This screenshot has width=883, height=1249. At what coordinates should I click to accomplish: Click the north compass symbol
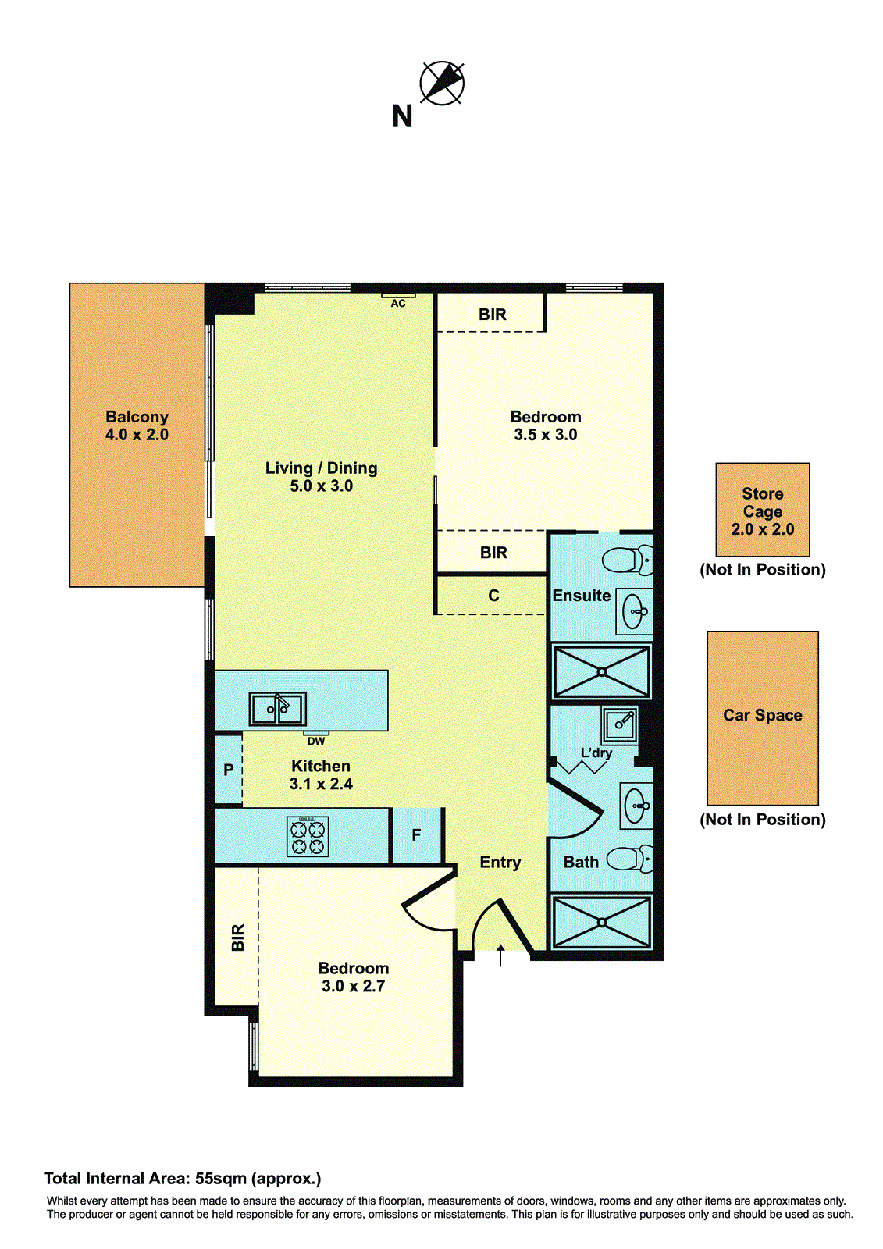(x=442, y=83)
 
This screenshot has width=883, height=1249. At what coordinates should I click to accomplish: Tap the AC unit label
(x=398, y=303)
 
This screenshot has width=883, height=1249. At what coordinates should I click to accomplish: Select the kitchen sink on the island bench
(x=277, y=709)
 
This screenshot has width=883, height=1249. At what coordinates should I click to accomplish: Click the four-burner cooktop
(x=308, y=837)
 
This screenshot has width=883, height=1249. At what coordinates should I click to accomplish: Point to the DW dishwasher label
(x=316, y=741)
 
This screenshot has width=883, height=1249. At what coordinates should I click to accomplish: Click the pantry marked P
(x=228, y=770)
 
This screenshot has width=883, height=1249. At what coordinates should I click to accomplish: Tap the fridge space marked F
(x=416, y=835)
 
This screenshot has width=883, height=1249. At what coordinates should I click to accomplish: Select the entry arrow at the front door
(x=500, y=955)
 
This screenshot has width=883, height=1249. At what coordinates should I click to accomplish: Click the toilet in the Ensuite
(x=629, y=560)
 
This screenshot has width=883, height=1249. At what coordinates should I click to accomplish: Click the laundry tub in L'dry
(x=620, y=724)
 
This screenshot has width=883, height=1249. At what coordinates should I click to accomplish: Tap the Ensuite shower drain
(x=601, y=671)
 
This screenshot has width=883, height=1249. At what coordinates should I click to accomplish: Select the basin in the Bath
(x=636, y=806)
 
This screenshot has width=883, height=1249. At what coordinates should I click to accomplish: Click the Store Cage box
(x=762, y=510)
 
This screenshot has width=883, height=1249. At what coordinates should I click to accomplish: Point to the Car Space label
(x=762, y=715)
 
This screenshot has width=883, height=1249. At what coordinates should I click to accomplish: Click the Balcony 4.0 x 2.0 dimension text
(x=137, y=435)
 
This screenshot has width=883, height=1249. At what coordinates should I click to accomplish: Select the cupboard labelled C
(x=493, y=596)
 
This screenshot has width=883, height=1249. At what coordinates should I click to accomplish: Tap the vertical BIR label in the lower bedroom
(x=238, y=937)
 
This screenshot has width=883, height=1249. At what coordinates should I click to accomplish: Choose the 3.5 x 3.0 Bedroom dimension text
(x=545, y=435)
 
